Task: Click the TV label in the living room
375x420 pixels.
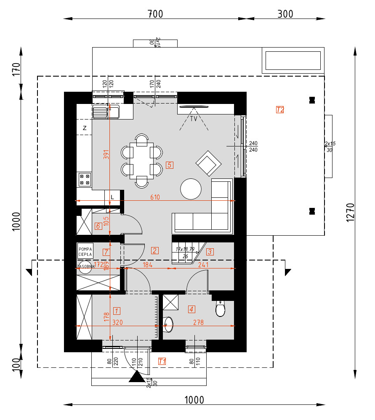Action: [194, 119]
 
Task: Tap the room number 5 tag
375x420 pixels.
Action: [169, 165]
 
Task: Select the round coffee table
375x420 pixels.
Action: [191, 189]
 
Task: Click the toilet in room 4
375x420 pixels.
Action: [221, 309]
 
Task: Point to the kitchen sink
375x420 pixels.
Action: [106, 112]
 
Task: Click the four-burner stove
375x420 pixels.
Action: [84, 180]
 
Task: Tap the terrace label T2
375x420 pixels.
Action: [280, 110]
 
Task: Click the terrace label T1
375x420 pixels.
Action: [162, 361]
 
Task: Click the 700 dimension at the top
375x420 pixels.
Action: [155, 14]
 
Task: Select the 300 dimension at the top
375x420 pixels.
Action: [285, 14]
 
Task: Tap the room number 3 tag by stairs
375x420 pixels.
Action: [210, 252]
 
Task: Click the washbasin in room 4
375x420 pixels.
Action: [168, 323]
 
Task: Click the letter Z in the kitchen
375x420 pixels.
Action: [85, 128]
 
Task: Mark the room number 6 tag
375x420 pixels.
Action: [98, 226]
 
